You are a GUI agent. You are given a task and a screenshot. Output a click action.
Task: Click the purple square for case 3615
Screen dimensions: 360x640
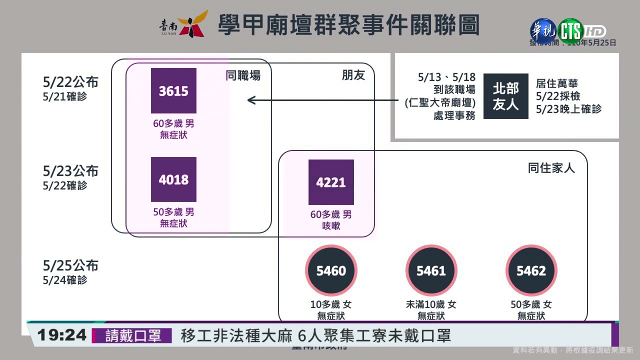point(173,91)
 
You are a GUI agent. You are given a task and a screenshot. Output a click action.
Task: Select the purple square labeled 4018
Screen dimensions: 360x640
point(173,179)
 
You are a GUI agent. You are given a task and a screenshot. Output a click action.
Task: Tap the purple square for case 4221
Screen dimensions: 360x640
point(331,182)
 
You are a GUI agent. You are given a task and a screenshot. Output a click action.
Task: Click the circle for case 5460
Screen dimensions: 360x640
point(331,270)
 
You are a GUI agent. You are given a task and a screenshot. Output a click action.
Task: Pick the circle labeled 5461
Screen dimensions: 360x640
point(431,270)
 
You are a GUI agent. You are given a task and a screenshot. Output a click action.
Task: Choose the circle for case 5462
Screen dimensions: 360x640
point(531,270)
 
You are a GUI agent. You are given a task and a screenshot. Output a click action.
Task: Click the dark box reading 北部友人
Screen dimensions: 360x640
point(505,96)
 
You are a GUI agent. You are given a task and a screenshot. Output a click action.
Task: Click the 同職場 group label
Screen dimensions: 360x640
point(243,75)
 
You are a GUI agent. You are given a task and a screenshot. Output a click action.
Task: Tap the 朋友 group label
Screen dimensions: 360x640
point(353,75)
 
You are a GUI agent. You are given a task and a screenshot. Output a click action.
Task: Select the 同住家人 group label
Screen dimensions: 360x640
point(551,168)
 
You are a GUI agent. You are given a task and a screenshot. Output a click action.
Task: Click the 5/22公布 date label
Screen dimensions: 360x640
point(70,82)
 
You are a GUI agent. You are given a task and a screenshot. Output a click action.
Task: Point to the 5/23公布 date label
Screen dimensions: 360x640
point(70,171)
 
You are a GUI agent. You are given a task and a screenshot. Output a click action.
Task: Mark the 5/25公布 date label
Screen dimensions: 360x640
point(70,265)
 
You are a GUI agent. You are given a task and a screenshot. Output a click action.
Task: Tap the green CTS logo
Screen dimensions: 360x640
point(571,30)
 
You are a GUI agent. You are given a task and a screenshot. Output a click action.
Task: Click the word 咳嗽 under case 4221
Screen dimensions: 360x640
point(331,226)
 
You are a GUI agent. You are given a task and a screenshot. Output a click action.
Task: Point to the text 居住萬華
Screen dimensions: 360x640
point(556,83)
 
